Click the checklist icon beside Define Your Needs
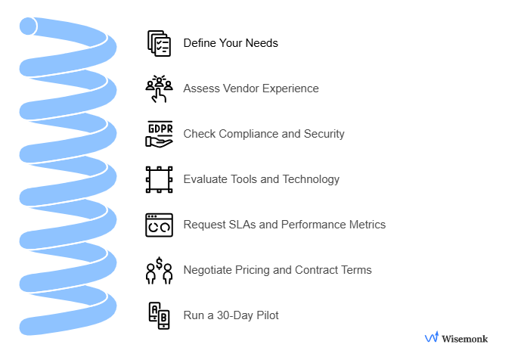click(x=159, y=43)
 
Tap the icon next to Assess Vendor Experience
click(x=159, y=88)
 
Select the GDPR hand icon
click(x=159, y=134)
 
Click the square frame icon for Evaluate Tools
click(x=159, y=179)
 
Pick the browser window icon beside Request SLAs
click(x=159, y=225)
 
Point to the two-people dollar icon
click(x=159, y=270)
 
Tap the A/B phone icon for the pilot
click(x=159, y=315)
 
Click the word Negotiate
click(x=209, y=270)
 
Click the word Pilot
click(x=266, y=315)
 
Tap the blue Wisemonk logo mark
click(x=432, y=337)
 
